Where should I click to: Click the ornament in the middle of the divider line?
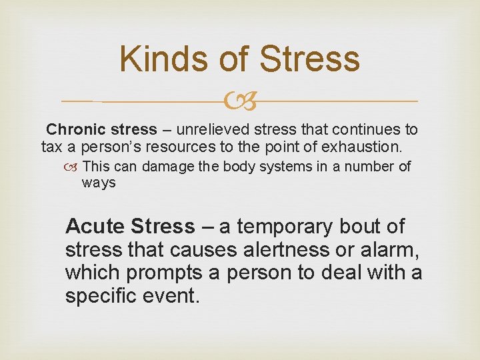(240, 101)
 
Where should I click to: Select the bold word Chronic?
(73, 129)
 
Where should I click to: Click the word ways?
(99, 183)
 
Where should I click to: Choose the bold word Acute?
(95, 227)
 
